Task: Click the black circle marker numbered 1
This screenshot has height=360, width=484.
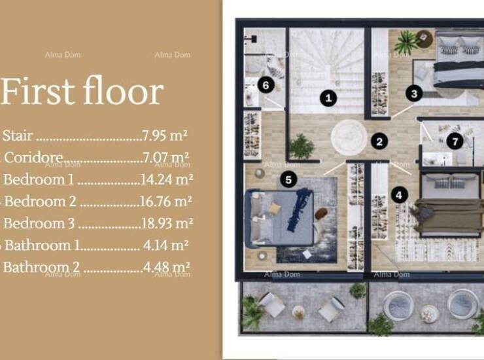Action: pos(328,98)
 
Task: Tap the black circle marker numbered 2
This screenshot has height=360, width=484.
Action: pos(379,141)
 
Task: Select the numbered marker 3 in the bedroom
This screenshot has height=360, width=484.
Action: pos(414,94)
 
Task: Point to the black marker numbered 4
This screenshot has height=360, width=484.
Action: pos(399,195)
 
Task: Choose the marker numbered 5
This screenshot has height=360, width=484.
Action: pos(288,179)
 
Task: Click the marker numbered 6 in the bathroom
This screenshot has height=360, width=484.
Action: pos(266,85)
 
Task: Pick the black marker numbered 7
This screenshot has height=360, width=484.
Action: pos(455,141)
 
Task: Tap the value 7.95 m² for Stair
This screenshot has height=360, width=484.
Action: pos(165,135)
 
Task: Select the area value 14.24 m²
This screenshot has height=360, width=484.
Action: pos(167,179)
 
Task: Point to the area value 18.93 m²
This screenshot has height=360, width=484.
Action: pos(167,223)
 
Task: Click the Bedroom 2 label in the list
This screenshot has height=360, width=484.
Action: pos(40,202)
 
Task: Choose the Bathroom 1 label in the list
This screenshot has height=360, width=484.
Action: pos(43,245)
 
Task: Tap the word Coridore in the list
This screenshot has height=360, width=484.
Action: pos(33,158)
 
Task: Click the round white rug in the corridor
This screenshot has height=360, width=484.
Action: pos(349,138)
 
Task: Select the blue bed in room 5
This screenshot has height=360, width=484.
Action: pos(280,218)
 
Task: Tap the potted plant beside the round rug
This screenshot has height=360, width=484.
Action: pos(302,147)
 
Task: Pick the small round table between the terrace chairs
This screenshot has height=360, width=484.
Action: pos(298,312)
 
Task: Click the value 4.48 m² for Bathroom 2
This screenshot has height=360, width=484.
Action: pos(166,267)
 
